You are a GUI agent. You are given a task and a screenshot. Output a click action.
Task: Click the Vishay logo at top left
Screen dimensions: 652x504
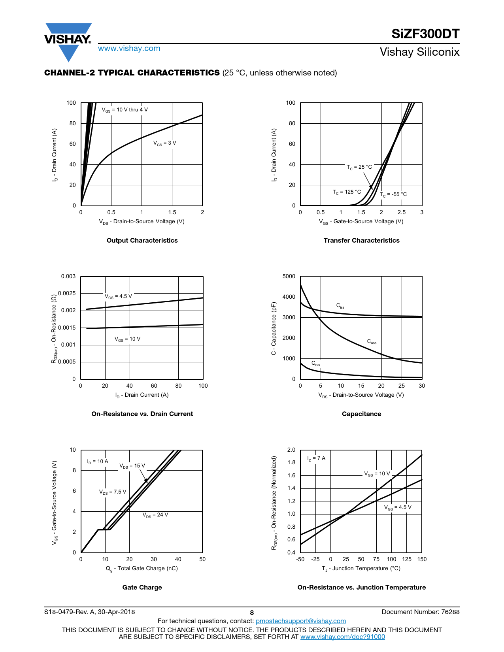tap(68, 41)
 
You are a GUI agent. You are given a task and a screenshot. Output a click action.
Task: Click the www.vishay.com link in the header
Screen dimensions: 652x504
tap(129, 49)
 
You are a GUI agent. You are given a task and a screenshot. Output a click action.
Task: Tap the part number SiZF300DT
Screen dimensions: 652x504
tap(425, 34)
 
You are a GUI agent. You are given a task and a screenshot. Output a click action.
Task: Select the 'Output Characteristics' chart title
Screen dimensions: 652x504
tap(142, 240)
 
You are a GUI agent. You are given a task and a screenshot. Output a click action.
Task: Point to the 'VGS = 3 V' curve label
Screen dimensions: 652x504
tap(164, 143)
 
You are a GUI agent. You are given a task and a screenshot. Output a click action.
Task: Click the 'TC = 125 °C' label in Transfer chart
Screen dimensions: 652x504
tap(347, 192)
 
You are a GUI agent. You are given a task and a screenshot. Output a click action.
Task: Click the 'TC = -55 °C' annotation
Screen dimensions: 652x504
tap(393, 194)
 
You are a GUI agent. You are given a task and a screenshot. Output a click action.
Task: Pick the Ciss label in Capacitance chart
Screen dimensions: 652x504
tap(340, 305)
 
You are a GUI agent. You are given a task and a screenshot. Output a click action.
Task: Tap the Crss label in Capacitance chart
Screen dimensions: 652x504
tap(315, 363)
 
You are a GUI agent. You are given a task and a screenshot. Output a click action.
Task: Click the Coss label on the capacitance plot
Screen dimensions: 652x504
tap(372, 341)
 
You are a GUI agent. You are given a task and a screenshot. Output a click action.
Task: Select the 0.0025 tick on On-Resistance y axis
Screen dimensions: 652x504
tap(67, 293)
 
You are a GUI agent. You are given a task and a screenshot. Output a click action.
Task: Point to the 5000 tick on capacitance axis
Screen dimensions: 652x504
tap(289, 276)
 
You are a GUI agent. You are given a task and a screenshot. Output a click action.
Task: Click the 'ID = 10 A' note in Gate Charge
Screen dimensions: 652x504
tap(97, 462)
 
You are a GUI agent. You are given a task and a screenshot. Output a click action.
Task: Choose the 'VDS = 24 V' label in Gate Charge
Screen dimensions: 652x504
tap(155, 515)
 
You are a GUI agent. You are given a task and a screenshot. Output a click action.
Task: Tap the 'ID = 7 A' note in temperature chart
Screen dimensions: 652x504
tap(316, 458)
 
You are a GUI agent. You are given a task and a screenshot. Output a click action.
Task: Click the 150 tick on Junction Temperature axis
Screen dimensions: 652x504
tap(422, 559)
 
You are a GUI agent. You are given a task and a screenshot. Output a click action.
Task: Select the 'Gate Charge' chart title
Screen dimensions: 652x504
tap(142, 587)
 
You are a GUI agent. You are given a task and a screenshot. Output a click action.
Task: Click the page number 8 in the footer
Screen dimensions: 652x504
tap(252, 612)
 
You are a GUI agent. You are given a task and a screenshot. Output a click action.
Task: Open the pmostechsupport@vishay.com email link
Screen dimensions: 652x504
tap(301, 621)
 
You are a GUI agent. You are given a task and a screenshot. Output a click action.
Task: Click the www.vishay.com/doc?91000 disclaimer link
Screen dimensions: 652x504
tap(342, 637)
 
